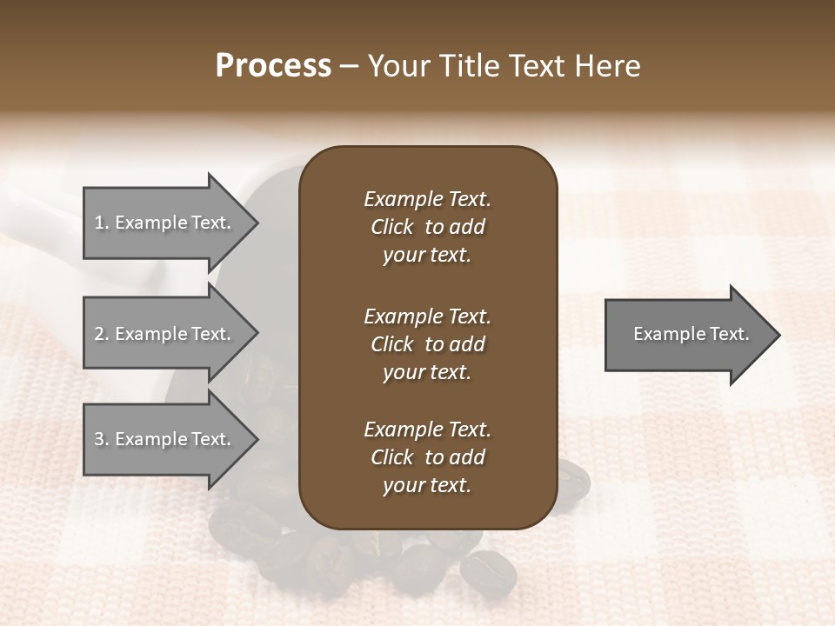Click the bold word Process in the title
point(273,65)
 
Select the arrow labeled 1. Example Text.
point(165,223)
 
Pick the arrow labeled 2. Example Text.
point(165,334)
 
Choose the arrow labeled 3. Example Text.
point(165,439)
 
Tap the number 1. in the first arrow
point(101,223)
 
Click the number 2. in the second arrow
point(101,334)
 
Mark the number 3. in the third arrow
point(101,439)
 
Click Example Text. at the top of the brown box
point(427,199)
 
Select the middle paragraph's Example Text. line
point(427,316)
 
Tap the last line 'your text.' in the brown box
point(427,486)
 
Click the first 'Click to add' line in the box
point(427,227)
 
